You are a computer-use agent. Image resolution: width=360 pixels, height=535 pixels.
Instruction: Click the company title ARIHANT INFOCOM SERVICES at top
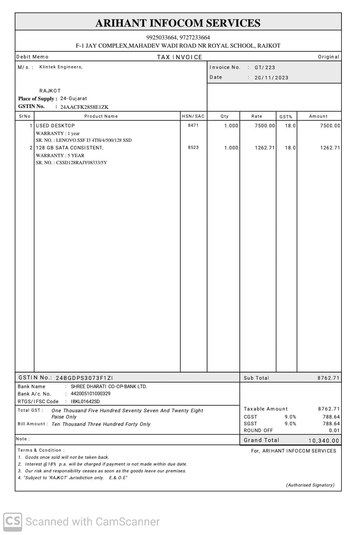pyautogui.click(x=178, y=23)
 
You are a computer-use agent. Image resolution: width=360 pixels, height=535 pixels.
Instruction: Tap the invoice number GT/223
pyautogui.click(x=265, y=67)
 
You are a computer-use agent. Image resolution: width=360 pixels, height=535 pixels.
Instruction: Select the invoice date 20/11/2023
pyautogui.click(x=271, y=78)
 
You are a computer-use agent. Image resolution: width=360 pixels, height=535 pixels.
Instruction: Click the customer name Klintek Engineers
pyautogui.click(x=61, y=67)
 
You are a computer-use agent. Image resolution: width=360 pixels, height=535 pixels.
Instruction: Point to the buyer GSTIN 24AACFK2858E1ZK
pyautogui.click(x=84, y=107)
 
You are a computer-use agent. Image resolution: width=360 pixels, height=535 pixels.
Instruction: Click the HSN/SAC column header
pyautogui.click(x=193, y=116)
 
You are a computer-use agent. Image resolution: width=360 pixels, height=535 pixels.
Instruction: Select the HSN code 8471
pyautogui.click(x=193, y=125)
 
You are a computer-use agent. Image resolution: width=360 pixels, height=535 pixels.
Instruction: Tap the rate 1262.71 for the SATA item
pyautogui.click(x=265, y=148)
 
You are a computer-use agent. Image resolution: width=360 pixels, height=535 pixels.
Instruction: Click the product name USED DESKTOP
pyautogui.click(x=55, y=126)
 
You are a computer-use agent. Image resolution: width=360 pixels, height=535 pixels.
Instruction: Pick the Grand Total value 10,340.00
pyautogui.click(x=323, y=441)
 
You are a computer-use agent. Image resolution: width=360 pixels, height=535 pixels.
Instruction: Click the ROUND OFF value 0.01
pyautogui.click(x=334, y=430)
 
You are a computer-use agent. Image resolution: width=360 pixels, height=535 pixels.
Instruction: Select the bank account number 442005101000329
pyautogui.click(x=90, y=394)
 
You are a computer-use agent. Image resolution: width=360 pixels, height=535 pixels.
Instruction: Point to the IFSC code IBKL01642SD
pyautogui.click(x=85, y=401)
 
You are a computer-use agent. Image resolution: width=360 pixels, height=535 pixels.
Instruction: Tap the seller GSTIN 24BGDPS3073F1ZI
pyautogui.click(x=84, y=378)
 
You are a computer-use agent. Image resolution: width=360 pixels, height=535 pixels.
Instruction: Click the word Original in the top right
pyautogui.click(x=328, y=57)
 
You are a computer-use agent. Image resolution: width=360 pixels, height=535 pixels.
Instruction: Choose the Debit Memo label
pyautogui.click(x=32, y=57)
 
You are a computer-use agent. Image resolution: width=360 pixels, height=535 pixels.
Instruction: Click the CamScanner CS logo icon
pyautogui.click(x=13, y=522)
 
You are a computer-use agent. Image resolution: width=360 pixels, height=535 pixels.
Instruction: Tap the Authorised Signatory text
pyautogui.click(x=310, y=485)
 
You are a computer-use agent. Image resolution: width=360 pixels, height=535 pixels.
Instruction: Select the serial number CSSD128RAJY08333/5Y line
pyautogui.click(x=71, y=163)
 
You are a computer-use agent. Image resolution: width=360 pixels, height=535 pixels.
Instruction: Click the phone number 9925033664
pyautogui.click(x=162, y=37)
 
